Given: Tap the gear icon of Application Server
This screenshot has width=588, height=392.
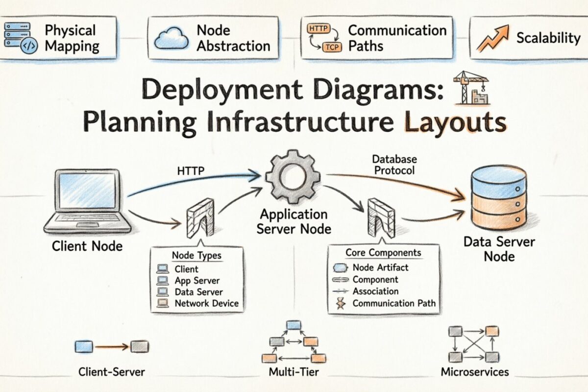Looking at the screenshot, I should (293, 175).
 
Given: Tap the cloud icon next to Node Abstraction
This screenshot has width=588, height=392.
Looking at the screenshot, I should (171, 39).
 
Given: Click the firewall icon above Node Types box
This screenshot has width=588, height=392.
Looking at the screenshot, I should (200, 219).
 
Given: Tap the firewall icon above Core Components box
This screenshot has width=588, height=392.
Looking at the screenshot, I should (381, 216).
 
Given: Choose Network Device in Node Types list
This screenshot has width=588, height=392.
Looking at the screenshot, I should (206, 303).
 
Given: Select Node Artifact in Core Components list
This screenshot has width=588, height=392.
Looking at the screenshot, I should (380, 268).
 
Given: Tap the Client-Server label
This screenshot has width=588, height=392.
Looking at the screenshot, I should (112, 372).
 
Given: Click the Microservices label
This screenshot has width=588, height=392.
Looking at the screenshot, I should (475, 372).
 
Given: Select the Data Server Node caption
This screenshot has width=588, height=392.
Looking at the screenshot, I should (499, 248).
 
